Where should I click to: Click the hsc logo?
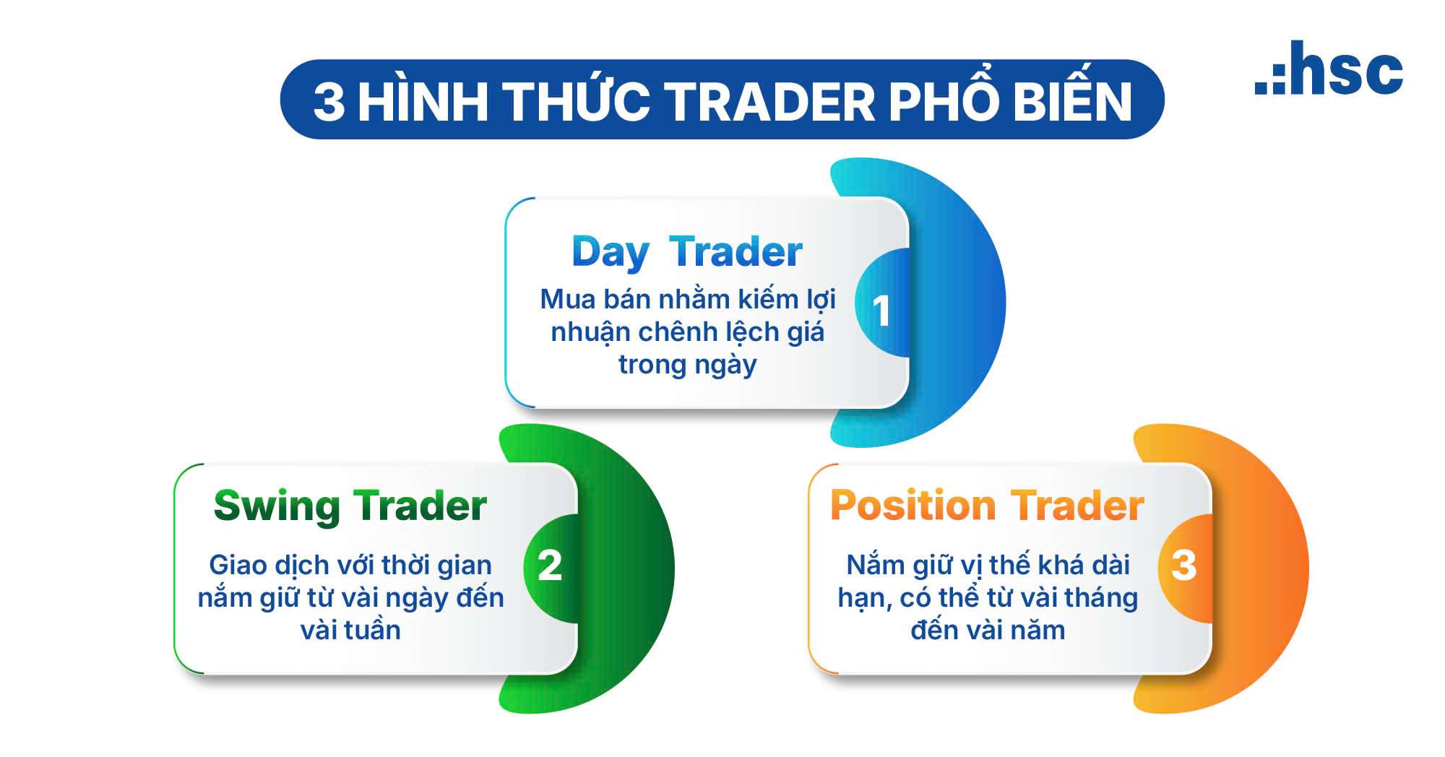coord(1329,68)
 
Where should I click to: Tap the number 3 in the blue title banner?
coord(329,102)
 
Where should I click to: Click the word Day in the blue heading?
coord(610,254)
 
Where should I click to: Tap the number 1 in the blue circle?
coord(881,312)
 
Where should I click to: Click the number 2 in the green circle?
coord(550,565)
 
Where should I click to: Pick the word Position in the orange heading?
coord(913,505)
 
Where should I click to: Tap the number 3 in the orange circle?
coord(1183,565)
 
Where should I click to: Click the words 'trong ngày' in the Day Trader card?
coord(687,365)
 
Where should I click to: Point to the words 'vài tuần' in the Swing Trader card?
coord(350,630)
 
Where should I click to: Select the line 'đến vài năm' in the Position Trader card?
coord(988,630)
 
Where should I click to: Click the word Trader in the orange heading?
coord(1077,505)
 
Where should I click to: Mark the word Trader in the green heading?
coord(420,505)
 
